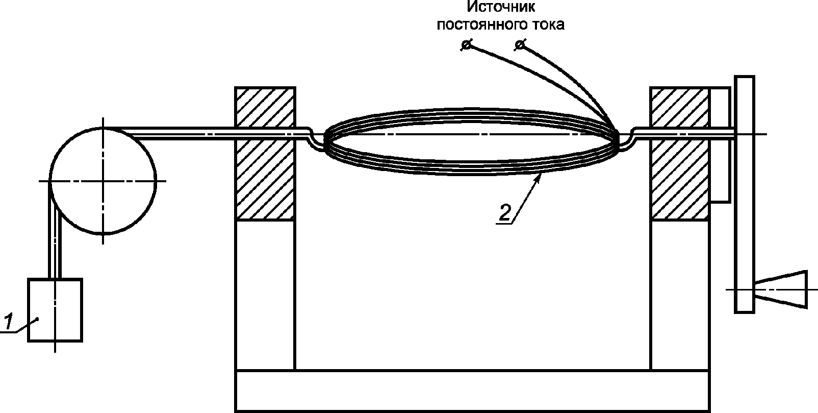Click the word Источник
[x=501, y=7]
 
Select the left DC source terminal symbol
[x=466, y=44]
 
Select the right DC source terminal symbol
[x=520, y=44]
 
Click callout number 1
[x=8, y=321]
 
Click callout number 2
[x=504, y=212]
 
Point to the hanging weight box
[x=55, y=310]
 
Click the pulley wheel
[x=103, y=181]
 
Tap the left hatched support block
[x=265, y=154]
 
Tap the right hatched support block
[x=680, y=154]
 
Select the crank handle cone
[x=781, y=289]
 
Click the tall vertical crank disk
[x=744, y=195]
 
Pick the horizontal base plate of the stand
[x=473, y=391]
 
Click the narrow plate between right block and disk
[x=720, y=144]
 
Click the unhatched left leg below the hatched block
[x=265, y=295]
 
